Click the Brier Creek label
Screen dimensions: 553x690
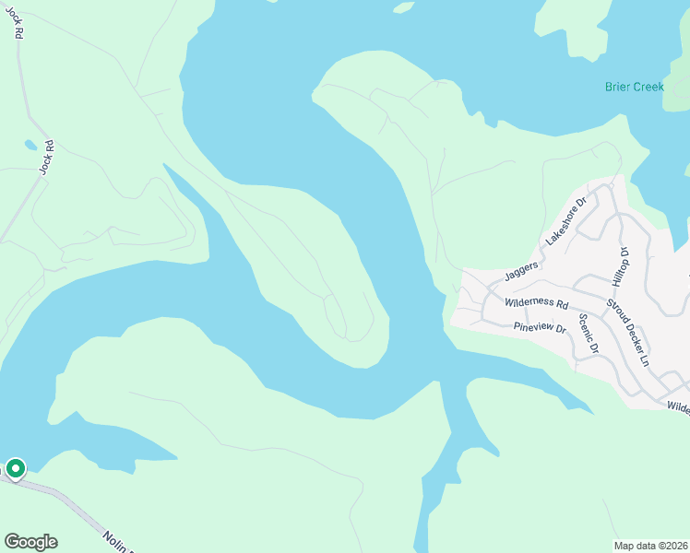pos(634,87)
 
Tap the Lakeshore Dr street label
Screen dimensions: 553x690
pos(565,222)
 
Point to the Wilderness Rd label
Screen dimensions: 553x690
pos(536,302)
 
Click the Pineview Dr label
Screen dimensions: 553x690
pos(539,327)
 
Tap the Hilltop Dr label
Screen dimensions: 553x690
pos(620,264)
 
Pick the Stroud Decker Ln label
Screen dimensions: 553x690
pos(627,333)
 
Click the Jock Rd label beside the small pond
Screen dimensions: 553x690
pos(46,158)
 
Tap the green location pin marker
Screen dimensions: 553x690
pos(15,469)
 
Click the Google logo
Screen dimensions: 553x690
pos(30,542)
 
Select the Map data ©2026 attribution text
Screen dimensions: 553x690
pos(649,545)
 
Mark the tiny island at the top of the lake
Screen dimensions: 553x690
pos(403,7)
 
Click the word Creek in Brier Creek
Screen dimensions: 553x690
pos(648,87)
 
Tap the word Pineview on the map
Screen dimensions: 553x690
pos(532,327)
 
